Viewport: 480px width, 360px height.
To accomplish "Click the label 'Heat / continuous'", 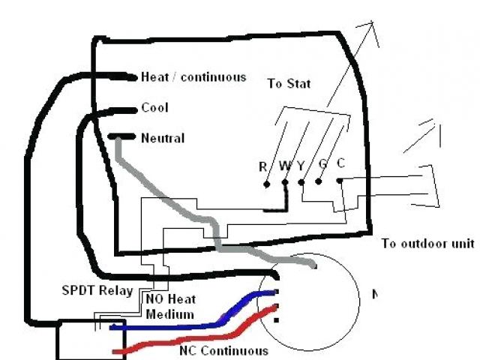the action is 193,77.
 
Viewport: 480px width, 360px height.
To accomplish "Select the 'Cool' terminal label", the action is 154,108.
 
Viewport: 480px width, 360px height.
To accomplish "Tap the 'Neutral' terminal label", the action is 162,138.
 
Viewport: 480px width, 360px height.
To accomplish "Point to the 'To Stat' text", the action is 289,83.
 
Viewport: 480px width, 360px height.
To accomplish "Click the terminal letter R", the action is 262,166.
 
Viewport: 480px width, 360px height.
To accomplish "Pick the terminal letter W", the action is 283,166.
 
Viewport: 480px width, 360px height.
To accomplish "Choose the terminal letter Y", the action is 300,166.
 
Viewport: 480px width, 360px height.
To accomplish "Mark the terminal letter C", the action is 340,163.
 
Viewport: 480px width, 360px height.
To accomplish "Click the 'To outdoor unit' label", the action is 427,244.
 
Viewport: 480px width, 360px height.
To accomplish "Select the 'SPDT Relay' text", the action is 97,290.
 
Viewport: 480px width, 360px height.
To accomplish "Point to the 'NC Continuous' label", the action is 223,350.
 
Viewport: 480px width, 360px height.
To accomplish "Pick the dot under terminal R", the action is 266,182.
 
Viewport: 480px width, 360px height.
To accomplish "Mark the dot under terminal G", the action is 319,181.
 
